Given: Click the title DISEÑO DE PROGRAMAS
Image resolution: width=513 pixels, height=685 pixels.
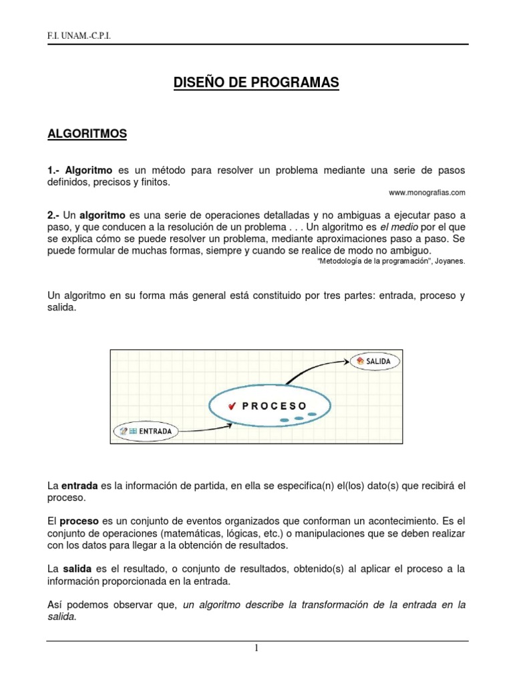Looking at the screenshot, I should pos(256,82).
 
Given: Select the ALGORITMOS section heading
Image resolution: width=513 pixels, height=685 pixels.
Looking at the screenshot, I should pos(87,134).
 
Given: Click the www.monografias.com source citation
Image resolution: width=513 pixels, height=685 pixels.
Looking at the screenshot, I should pos(426,192).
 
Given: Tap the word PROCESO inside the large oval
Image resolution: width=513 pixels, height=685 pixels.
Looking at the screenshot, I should pos(274,405).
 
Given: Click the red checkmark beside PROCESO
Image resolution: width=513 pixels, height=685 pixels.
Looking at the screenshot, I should pos(232,405).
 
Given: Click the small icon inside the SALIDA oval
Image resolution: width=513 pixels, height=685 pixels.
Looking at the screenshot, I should pos(361,361).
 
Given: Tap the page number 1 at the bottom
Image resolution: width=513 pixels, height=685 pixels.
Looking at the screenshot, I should pos(256,648).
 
